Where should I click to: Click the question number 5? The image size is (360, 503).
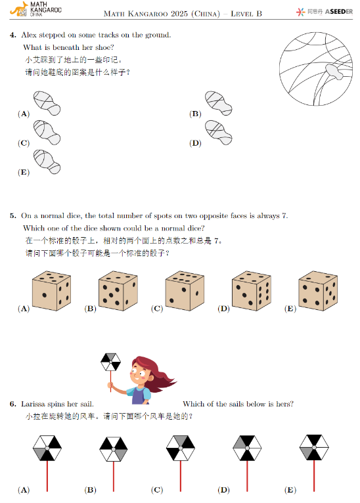point(13,215)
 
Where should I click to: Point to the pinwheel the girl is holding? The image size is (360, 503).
point(110,362)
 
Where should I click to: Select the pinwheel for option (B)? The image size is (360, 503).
point(114,450)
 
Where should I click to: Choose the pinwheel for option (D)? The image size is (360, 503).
point(247,450)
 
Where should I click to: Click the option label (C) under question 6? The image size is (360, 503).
point(157,490)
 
